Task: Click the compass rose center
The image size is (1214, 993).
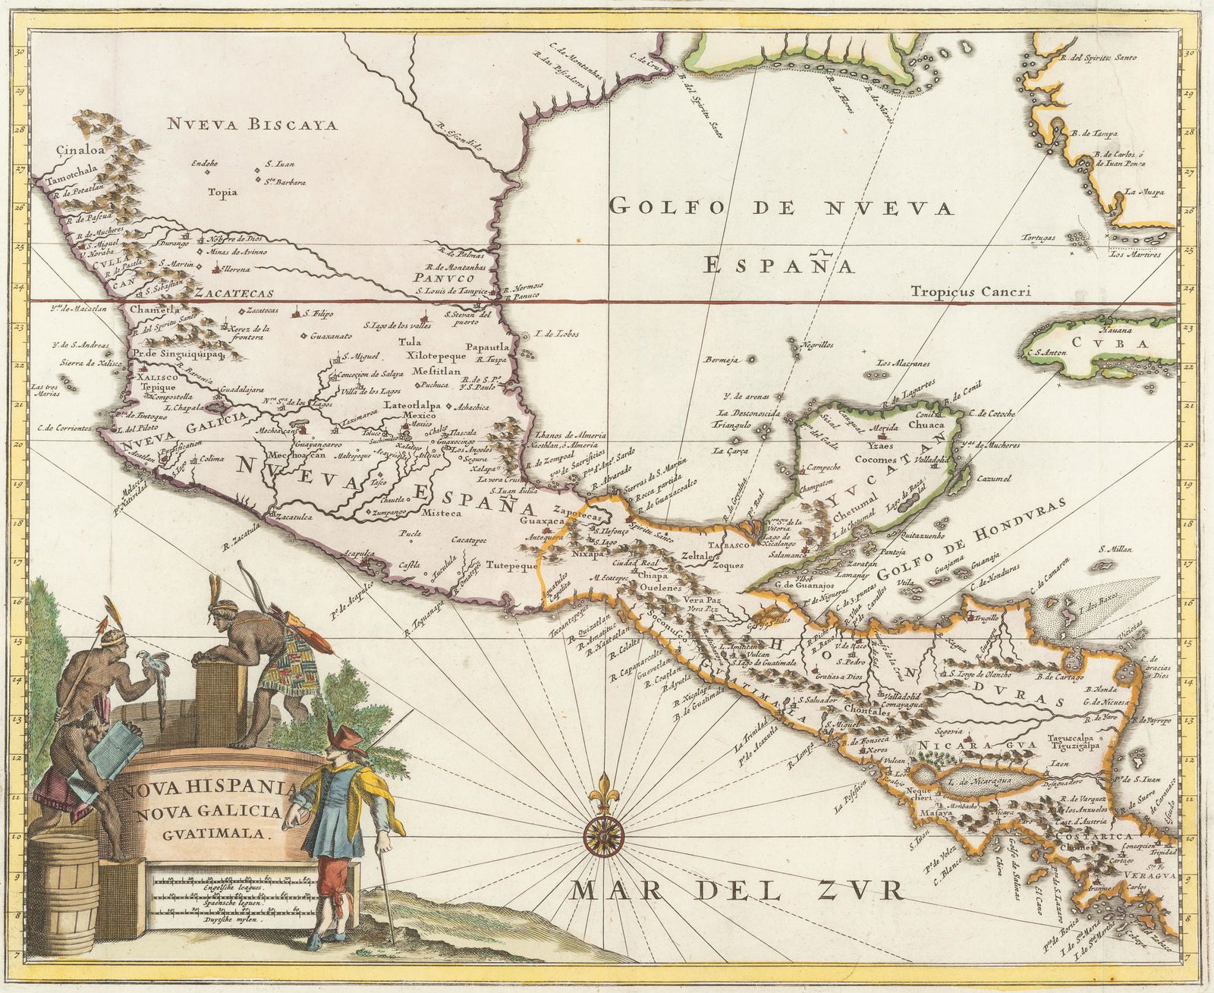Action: coord(603,834)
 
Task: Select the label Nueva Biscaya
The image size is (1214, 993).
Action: coord(253,125)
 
